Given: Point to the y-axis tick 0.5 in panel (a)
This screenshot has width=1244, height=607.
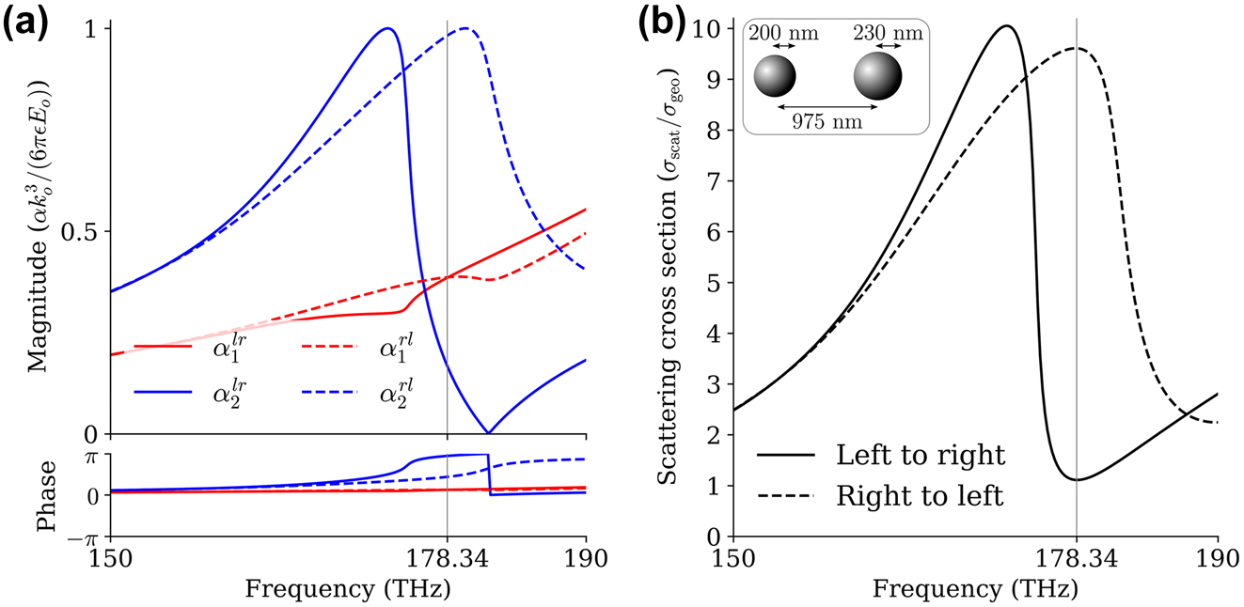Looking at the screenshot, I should (84, 231).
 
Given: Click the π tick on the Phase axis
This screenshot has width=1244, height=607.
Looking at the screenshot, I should (92, 455).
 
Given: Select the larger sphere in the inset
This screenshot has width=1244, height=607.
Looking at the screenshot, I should (878, 76).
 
